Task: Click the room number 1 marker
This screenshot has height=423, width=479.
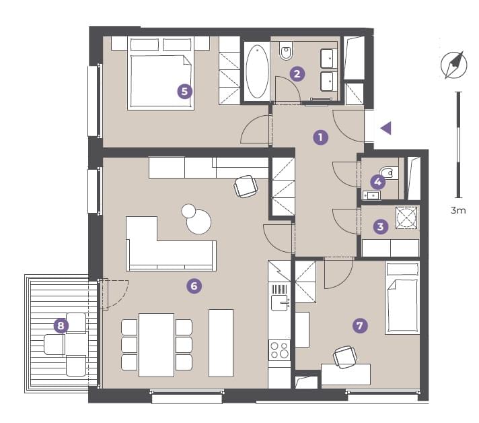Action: [320, 137]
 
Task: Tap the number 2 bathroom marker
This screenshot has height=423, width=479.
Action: [297, 73]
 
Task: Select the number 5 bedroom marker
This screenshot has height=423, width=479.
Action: [185, 91]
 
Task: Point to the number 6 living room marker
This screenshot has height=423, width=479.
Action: [194, 286]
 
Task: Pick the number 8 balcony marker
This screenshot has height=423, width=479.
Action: [61, 325]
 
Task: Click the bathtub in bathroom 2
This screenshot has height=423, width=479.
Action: [257, 71]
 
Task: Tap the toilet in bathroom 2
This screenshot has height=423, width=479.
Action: [286, 51]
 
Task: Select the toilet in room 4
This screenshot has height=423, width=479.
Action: [389, 173]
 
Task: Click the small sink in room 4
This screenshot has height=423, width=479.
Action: [371, 195]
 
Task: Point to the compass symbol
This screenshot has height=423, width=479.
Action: [454, 65]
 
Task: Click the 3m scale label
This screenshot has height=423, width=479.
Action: [458, 210]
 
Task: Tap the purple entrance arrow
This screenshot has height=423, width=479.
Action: [386, 128]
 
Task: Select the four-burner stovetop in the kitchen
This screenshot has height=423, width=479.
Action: [279, 350]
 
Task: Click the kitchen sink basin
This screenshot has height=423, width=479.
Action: [279, 303]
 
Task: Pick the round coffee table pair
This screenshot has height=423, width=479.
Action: [196, 219]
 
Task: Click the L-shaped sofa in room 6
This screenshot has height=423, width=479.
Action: [171, 245]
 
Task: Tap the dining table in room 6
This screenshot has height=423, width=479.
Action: [156, 345]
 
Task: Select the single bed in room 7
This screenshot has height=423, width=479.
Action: [402, 298]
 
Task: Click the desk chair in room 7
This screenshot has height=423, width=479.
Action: [345, 357]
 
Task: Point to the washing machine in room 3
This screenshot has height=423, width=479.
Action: [406, 218]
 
